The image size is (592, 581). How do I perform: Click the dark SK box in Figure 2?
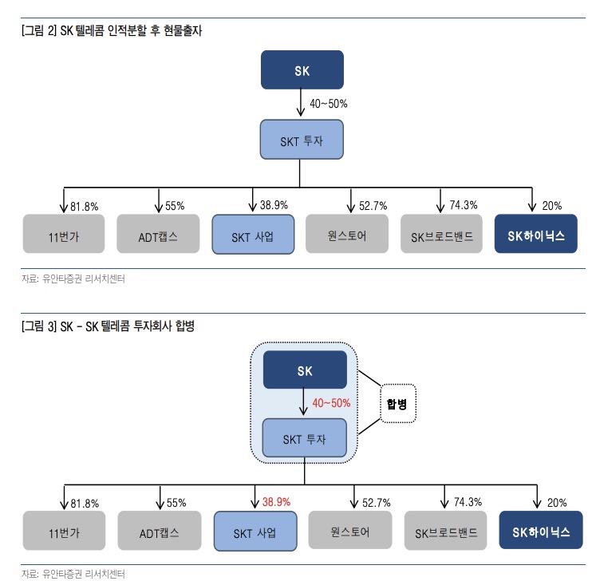302,69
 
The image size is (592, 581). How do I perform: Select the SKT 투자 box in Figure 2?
302,140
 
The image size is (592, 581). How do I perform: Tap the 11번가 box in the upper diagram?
64,235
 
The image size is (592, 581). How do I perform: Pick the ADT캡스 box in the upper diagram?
158,235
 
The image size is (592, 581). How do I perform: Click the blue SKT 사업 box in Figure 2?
252,235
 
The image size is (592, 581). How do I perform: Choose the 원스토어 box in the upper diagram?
346,235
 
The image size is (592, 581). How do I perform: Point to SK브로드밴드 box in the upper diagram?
441,235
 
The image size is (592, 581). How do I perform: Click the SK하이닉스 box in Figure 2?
535,235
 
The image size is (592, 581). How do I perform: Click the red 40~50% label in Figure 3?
331,403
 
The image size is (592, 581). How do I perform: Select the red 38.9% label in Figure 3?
276,502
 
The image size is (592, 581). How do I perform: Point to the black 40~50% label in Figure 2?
328,104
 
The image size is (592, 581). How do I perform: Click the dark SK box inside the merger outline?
305,370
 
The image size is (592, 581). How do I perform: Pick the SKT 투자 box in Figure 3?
305,438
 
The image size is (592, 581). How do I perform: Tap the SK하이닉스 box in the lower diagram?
539,531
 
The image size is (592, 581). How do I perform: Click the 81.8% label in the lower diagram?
85,504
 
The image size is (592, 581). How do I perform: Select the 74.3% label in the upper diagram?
464,205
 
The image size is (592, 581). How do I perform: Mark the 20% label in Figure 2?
551,206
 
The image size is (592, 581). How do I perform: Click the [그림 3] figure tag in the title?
39,326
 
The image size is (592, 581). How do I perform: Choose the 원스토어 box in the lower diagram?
349,531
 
